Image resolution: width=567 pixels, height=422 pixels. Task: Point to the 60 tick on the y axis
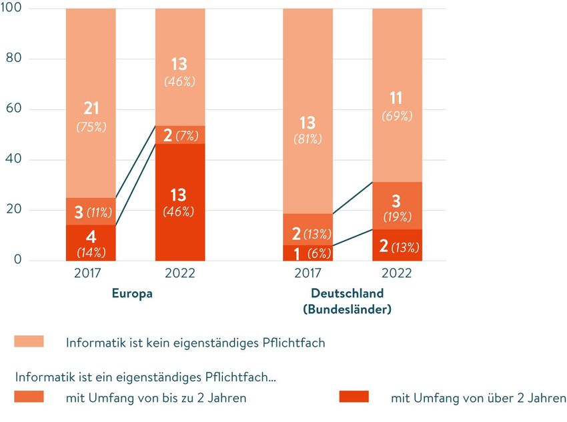[14, 109]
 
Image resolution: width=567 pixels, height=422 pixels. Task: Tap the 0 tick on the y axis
[19, 260]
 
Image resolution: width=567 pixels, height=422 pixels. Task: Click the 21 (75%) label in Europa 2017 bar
[91, 116]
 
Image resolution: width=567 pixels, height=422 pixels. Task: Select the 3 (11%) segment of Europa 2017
[91, 212]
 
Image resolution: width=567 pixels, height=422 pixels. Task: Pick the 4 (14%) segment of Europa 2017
[91, 243]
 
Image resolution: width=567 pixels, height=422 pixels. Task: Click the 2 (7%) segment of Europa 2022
[180, 135]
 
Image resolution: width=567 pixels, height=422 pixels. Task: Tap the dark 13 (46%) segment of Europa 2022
[180, 202]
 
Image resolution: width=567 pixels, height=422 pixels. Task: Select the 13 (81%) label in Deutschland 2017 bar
[308, 130]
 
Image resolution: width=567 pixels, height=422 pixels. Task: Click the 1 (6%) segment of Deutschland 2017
[308, 253]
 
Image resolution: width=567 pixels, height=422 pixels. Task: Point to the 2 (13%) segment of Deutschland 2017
[308, 233]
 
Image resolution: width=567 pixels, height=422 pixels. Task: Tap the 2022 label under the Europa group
[180, 273]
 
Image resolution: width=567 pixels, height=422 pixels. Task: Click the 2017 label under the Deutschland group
[308, 273]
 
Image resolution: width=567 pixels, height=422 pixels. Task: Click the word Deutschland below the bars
[347, 293]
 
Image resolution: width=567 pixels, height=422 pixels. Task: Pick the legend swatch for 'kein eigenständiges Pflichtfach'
[29, 342]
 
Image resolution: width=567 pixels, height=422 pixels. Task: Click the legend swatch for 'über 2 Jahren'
[354, 397]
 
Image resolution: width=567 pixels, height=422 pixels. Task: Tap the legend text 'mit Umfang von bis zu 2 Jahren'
[156, 399]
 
